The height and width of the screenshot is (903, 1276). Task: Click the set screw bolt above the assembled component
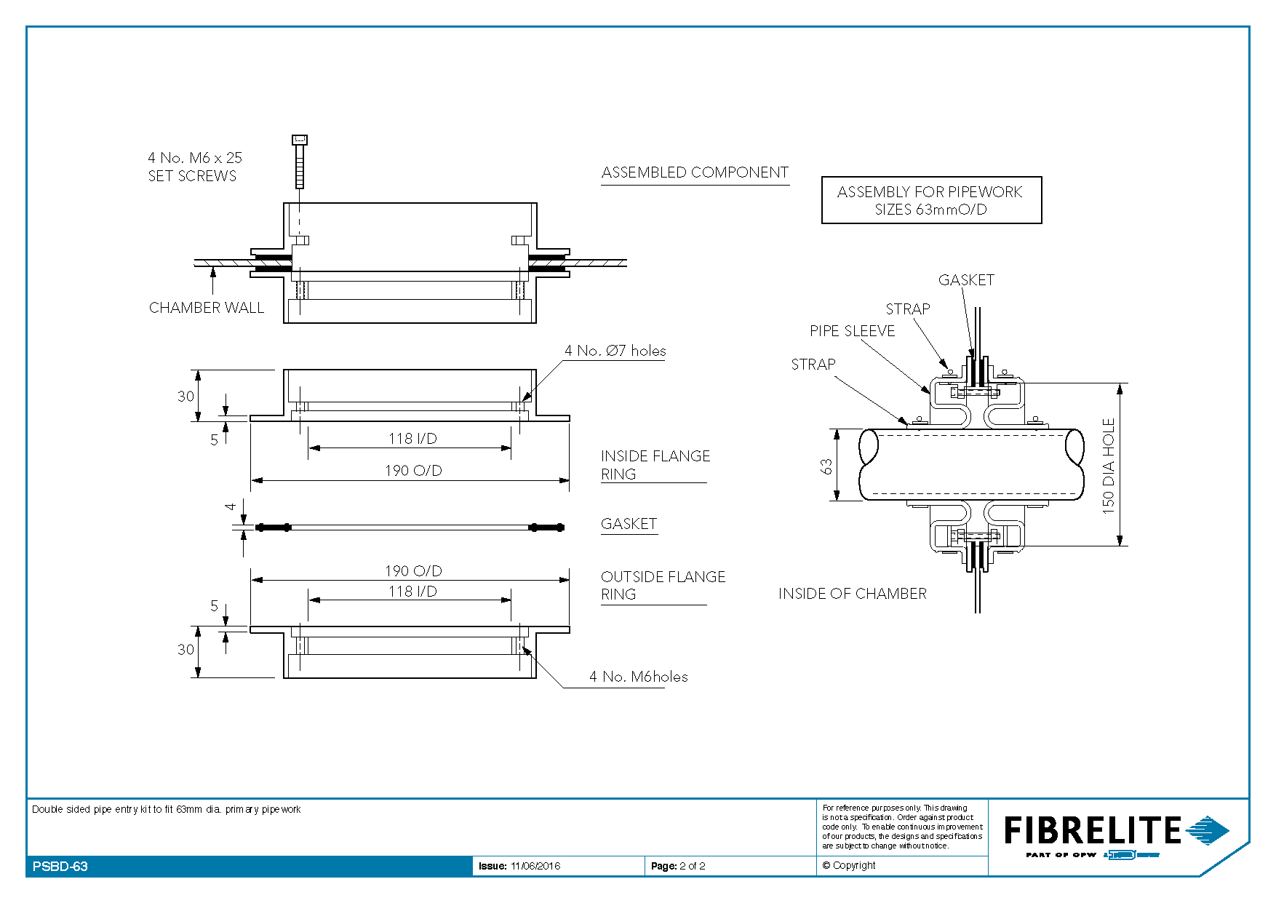(x=299, y=162)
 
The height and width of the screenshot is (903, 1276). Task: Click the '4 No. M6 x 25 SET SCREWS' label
(x=194, y=167)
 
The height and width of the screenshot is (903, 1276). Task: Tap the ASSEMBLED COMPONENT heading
(x=695, y=172)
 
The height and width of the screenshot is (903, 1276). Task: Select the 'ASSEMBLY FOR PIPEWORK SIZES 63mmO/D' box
(x=930, y=200)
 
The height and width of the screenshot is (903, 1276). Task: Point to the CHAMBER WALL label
(x=206, y=308)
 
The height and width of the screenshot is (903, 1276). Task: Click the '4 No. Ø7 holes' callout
(x=615, y=351)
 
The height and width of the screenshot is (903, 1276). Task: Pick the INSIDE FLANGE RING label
(x=655, y=465)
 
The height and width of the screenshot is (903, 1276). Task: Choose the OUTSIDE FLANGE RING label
(x=663, y=585)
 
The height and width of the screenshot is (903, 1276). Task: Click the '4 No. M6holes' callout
(x=638, y=677)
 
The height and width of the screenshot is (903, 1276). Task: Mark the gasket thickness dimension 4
(x=231, y=506)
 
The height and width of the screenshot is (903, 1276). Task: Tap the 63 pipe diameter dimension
(x=826, y=466)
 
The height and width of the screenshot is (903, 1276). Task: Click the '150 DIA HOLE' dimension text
(x=1108, y=466)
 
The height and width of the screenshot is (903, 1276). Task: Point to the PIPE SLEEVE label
(x=852, y=331)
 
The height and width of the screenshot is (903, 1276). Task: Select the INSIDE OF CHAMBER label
(x=852, y=594)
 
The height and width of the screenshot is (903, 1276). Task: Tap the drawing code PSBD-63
(x=60, y=867)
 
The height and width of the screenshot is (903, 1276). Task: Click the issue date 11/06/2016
(x=535, y=866)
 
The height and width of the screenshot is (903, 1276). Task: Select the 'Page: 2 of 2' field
(x=678, y=866)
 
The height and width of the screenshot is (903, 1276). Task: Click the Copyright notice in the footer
(x=849, y=865)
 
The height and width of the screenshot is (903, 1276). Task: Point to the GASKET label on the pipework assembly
(x=965, y=280)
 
